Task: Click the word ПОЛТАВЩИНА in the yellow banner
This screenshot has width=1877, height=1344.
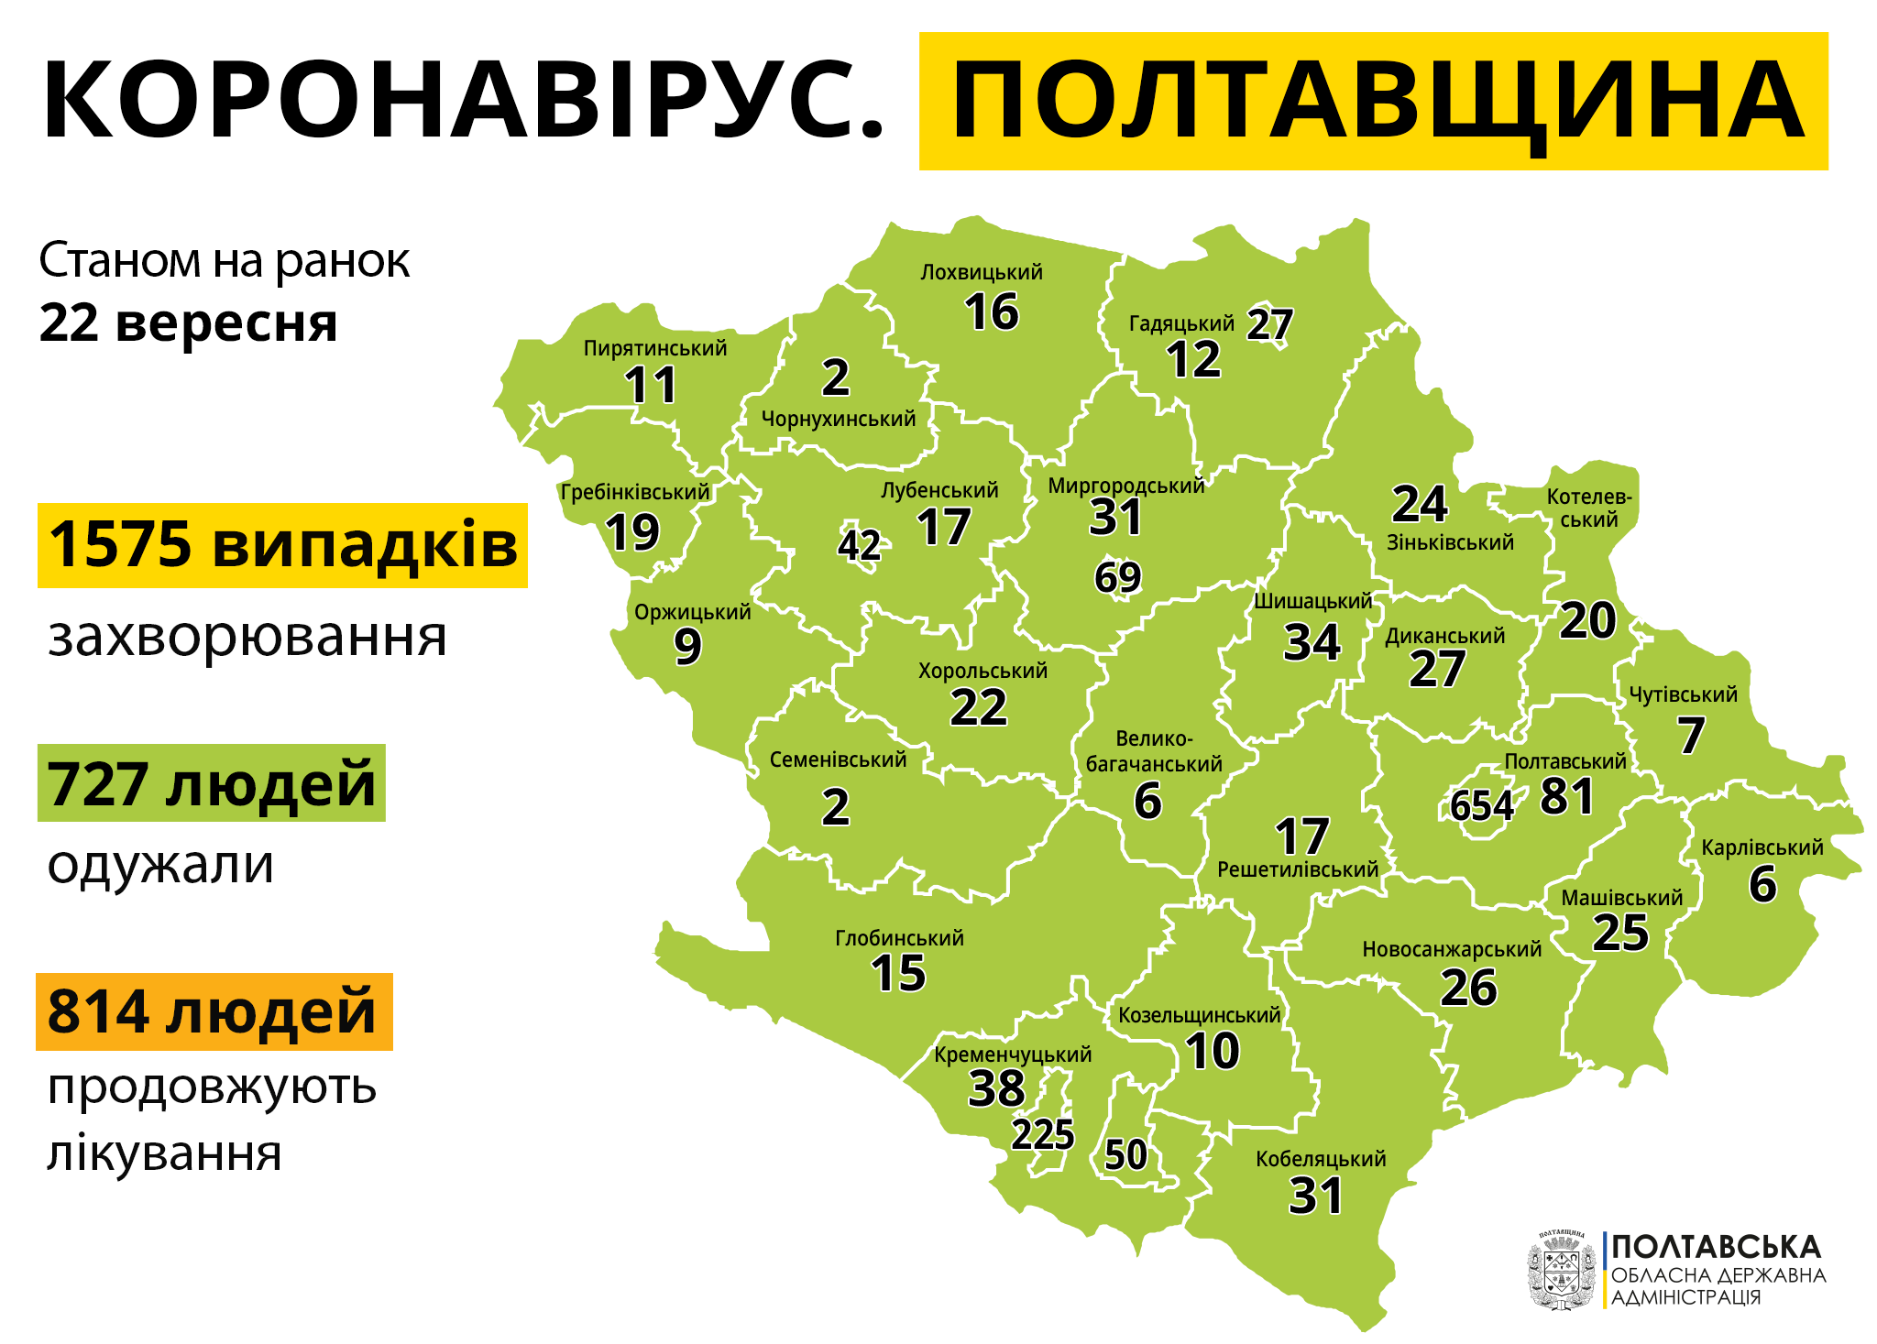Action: pyautogui.click(x=1375, y=101)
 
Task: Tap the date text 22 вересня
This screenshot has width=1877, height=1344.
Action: pyautogui.click(x=188, y=323)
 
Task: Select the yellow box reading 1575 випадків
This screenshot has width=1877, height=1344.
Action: pyautogui.click(x=282, y=545)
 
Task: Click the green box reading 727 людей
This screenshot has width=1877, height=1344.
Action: pyautogui.click(x=211, y=783)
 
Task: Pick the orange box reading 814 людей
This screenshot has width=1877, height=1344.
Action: pyautogui.click(x=214, y=1011)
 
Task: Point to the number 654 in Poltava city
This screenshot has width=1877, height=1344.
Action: pyautogui.click(x=1481, y=806)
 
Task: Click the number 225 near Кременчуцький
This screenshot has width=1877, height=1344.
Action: pyautogui.click(x=1043, y=1135)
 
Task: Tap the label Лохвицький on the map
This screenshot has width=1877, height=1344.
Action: pyautogui.click(x=982, y=272)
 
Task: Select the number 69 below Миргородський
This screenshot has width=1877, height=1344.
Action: pyautogui.click(x=1117, y=577)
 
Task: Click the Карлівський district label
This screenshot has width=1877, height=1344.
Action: pyautogui.click(x=1762, y=847)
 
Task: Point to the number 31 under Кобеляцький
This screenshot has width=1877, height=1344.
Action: pyautogui.click(x=1316, y=1196)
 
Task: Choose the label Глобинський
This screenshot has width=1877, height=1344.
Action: pyautogui.click(x=899, y=938)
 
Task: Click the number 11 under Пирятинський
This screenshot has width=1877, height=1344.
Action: pyautogui.click(x=651, y=386)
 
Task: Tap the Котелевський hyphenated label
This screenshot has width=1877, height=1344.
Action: pyautogui.click(x=1589, y=508)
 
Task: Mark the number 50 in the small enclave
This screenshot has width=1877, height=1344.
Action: pyautogui.click(x=1125, y=1154)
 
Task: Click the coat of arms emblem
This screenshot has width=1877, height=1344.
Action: pyautogui.click(x=1561, y=1271)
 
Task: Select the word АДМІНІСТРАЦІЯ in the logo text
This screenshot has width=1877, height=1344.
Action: pyautogui.click(x=1686, y=1297)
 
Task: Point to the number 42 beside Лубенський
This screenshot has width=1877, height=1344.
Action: pyautogui.click(x=859, y=546)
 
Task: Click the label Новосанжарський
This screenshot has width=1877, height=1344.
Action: pyautogui.click(x=1452, y=949)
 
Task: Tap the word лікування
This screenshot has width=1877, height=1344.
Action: pyautogui.click(x=164, y=1153)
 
